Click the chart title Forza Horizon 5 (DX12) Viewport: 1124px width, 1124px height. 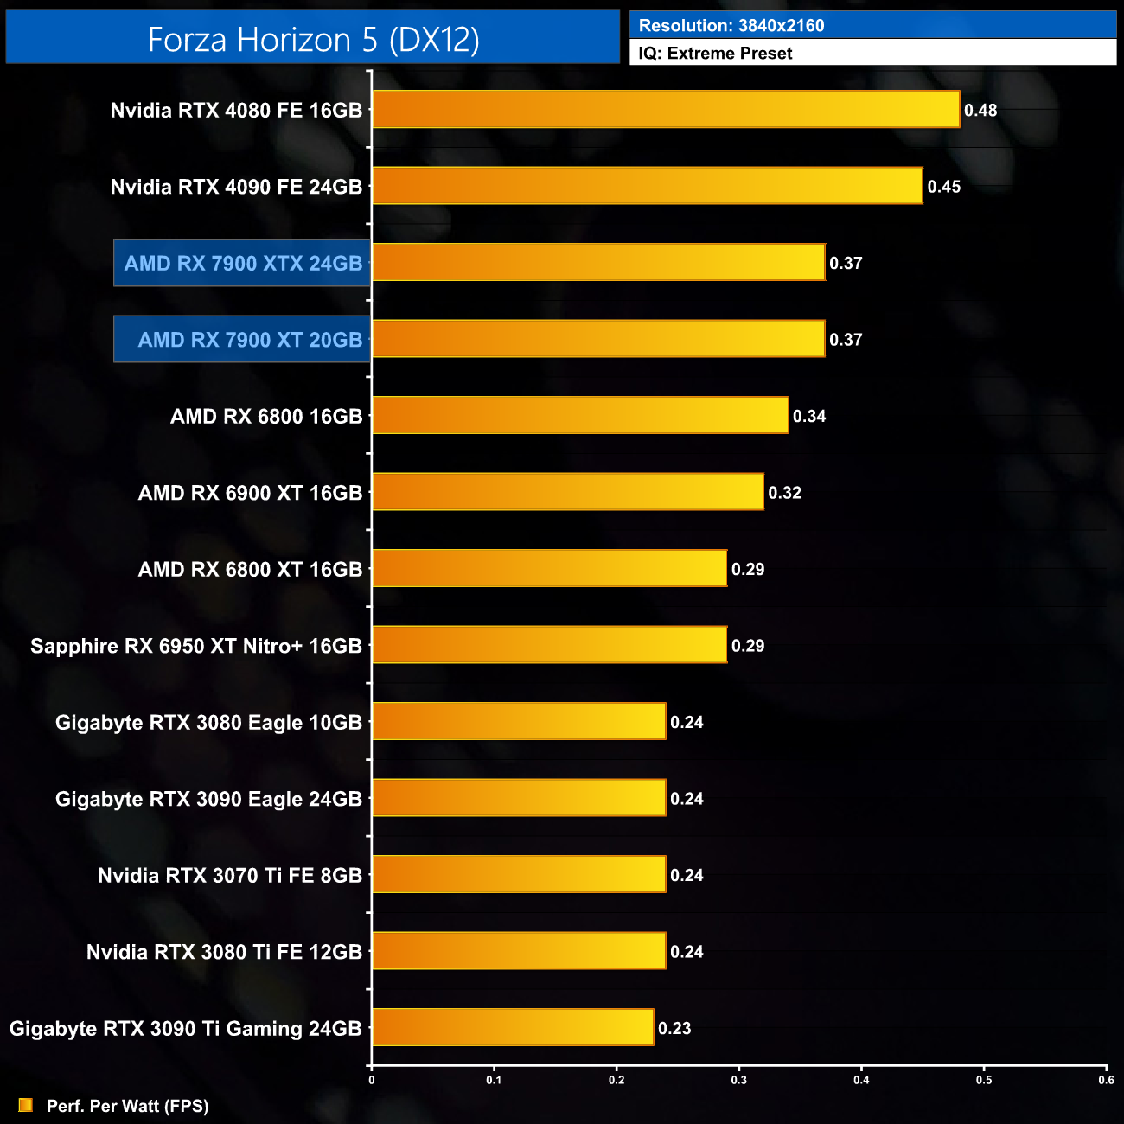[x=313, y=40]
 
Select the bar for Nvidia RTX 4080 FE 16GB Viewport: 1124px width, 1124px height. [x=666, y=110]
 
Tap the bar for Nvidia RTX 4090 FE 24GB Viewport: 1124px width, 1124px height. [x=648, y=186]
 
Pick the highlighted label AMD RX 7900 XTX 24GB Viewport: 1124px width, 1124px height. [x=243, y=263]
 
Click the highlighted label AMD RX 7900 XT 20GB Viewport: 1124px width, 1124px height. [x=250, y=340]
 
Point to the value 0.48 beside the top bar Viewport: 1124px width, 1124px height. [x=980, y=111]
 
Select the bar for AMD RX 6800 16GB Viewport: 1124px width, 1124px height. [x=580, y=416]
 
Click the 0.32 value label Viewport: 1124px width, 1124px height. [x=785, y=493]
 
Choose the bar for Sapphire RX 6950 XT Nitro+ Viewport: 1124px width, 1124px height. [x=550, y=645]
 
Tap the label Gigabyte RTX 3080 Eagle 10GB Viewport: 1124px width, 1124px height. [x=208, y=723]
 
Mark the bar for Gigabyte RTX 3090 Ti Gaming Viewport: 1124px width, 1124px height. [x=513, y=1027]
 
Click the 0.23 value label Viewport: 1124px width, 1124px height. [x=674, y=1028]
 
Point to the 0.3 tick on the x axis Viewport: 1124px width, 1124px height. [x=739, y=1080]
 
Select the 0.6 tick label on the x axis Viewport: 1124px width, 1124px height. [x=1107, y=1080]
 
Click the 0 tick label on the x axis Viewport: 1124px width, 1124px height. [x=372, y=1080]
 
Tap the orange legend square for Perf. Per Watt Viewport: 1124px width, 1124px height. [x=26, y=1105]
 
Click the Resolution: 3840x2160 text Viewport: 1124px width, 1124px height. [x=731, y=26]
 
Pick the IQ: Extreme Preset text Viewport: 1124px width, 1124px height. [x=715, y=54]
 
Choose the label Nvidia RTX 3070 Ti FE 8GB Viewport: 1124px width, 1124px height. [x=230, y=876]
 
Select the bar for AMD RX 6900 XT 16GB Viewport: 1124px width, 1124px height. [x=568, y=492]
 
